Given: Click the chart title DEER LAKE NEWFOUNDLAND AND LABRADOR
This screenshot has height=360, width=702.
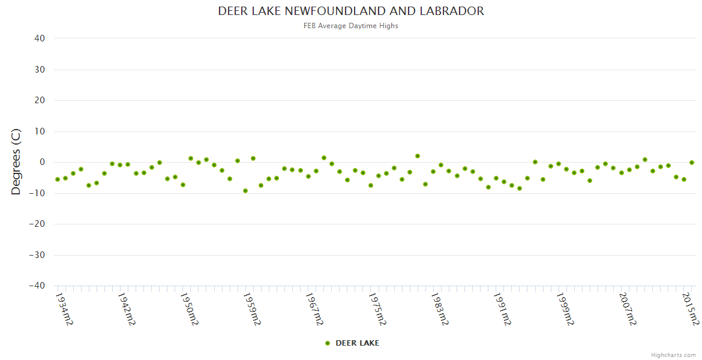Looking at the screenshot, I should tap(351, 11).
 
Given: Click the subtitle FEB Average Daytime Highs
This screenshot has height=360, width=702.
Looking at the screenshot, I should tap(351, 26).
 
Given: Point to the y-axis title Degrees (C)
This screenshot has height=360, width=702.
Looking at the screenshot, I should tap(16, 162).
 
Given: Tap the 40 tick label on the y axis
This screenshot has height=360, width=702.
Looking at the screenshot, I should tap(40, 38).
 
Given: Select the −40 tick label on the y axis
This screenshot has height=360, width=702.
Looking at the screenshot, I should tap(37, 286).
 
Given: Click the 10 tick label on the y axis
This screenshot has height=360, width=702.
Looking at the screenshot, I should tap(40, 131).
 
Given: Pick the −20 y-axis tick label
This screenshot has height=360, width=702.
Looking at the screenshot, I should tap(37, 224).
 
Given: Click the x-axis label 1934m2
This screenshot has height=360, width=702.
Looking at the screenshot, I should tap(64, 308).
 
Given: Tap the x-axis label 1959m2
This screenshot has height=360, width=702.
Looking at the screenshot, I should tap(252, 308).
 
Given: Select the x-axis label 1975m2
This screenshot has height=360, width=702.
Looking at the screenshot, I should tap(377, 308).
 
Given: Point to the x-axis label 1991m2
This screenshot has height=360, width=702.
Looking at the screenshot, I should tap(503, 308).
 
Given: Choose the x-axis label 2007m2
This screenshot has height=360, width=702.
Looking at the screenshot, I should tap(628, 308).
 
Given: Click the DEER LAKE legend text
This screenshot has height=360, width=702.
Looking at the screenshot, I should tap(357, 343).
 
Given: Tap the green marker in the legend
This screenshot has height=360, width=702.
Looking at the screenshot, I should tap(328, 343).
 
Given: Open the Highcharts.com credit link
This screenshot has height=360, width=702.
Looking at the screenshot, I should tap(673, 355).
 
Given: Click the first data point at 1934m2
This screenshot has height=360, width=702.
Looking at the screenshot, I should tap(58, 179).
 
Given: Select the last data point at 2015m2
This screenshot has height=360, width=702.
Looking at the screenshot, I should tap(692, 163).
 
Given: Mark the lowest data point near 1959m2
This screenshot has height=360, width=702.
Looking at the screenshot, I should tap(245, 191).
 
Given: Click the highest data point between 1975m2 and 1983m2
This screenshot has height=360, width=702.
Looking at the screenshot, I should tap(418, 156).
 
